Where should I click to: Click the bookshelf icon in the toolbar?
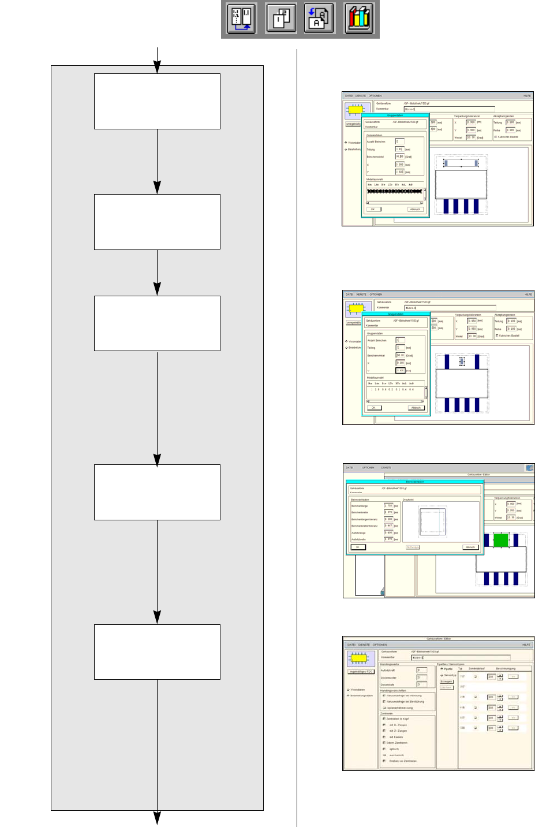pyautogui.click(x=359, y=20)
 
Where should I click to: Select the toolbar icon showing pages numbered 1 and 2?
pyautogui.click(x=281, y=20)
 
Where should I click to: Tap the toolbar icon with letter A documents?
pyautogui.click(x=319, y=20)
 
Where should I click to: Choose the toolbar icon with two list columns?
pyautogui.click(x=242, y=20)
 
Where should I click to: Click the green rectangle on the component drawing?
pyautogui.click(x=501, y=541)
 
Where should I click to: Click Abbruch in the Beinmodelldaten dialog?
pyautogui.click(x=470, y=547)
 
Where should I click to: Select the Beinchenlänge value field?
pyautogui.click(x=388, y=506)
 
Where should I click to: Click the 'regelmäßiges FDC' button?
pyautogui.click(x=361, y=672)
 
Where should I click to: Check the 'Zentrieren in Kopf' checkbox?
pyautogui.click(x=384, y=719)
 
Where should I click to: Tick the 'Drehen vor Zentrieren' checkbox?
pyautogui.click(x=384, y=761)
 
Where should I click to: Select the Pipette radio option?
pyautogui.click(x=442, y=669)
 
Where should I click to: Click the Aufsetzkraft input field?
pyautogui.click(x=422, y=670)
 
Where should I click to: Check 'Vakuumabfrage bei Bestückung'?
pyautogui.click(x=384, y=702)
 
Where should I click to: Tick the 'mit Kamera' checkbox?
pyautogui.click(x=384, y=737)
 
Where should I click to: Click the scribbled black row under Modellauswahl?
pyautogui.click(x=395, y=191)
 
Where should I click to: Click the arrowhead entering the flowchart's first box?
pyautogui.click(x=157, y=69)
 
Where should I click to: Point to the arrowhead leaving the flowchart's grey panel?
pyautogui.click(x=157, y=818)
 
